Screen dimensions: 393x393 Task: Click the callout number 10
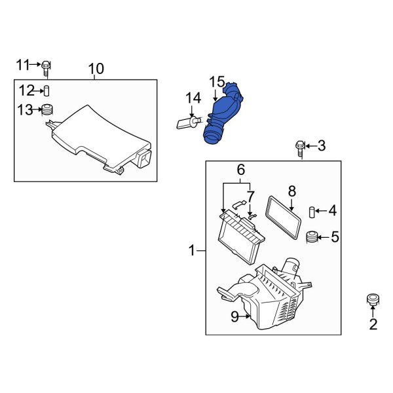[96, 68]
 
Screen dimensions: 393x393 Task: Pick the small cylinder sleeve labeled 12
[47, 90]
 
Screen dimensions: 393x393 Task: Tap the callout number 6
[240, 170]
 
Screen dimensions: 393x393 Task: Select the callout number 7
[250, 195]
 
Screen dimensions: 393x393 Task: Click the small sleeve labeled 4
[312, 211]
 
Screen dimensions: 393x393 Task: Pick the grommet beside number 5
[312, 236]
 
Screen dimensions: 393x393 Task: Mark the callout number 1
[192, 250]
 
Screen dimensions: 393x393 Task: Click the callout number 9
[234, 317]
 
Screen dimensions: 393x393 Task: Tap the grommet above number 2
[373, 301]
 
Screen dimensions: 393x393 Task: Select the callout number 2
[373, 324]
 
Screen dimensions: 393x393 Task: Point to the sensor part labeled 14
[187, 122]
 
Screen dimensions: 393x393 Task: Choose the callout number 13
[25, 110]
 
